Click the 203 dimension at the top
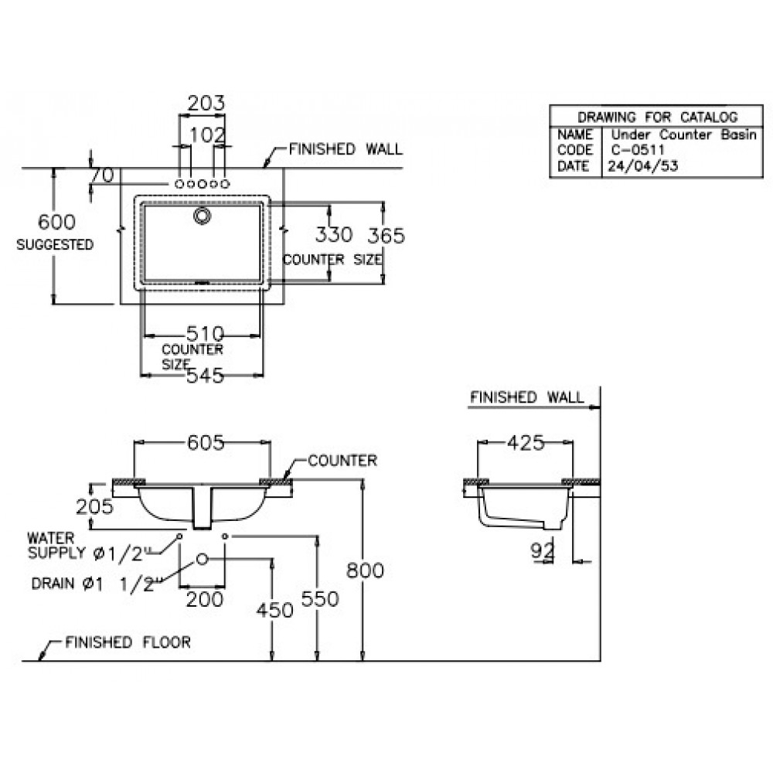(x=206, y=103)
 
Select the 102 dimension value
(x=206, y=135)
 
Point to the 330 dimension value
(x=333, y=234)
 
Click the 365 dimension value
(x=385, y=235)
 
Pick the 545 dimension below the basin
(x=205, y=376)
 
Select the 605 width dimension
(x=204, y=442)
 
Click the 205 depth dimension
(x=95, y=506)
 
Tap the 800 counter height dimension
(x=365, y=570)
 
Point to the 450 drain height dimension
(x=274, y=610)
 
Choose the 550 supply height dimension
(x=319, y=598)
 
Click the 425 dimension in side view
(x=526, y=443)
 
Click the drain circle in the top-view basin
(x=203, y=216)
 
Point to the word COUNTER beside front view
(x=342, y=461)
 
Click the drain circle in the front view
(x=203, y=559)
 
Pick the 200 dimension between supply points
(x=205, y=598)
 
